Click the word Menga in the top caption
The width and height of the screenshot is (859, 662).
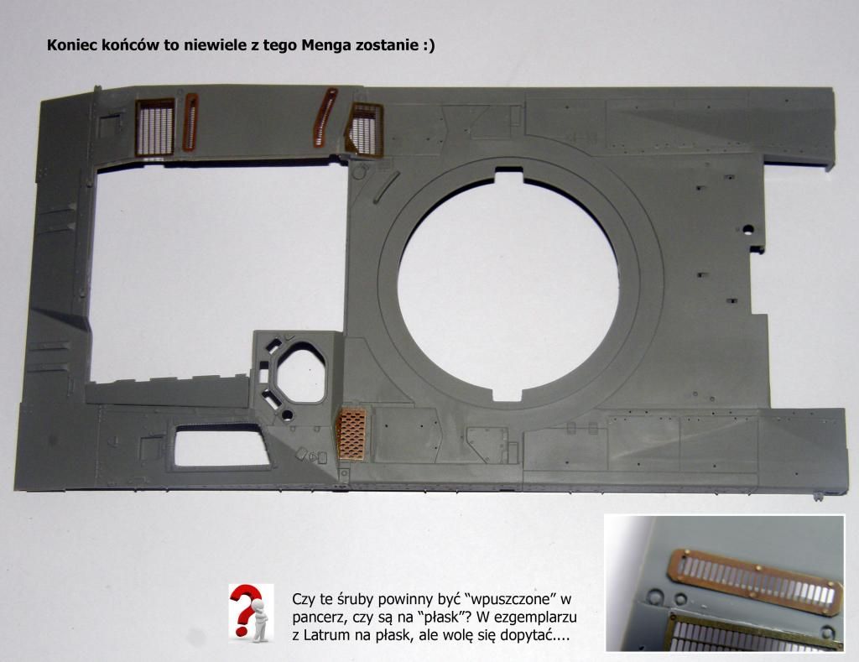coord(326,45)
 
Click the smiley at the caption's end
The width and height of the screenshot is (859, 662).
coord(429,45)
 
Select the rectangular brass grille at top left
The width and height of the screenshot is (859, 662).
coord(155,128)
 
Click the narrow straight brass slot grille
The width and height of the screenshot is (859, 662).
coord(190,122)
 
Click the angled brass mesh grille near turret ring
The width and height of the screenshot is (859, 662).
coord(364,130)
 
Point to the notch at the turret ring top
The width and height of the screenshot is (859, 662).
coord(509,175)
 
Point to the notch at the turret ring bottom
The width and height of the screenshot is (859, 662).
coord(507,394)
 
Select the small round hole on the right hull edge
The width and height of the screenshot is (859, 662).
coord(746,229)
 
